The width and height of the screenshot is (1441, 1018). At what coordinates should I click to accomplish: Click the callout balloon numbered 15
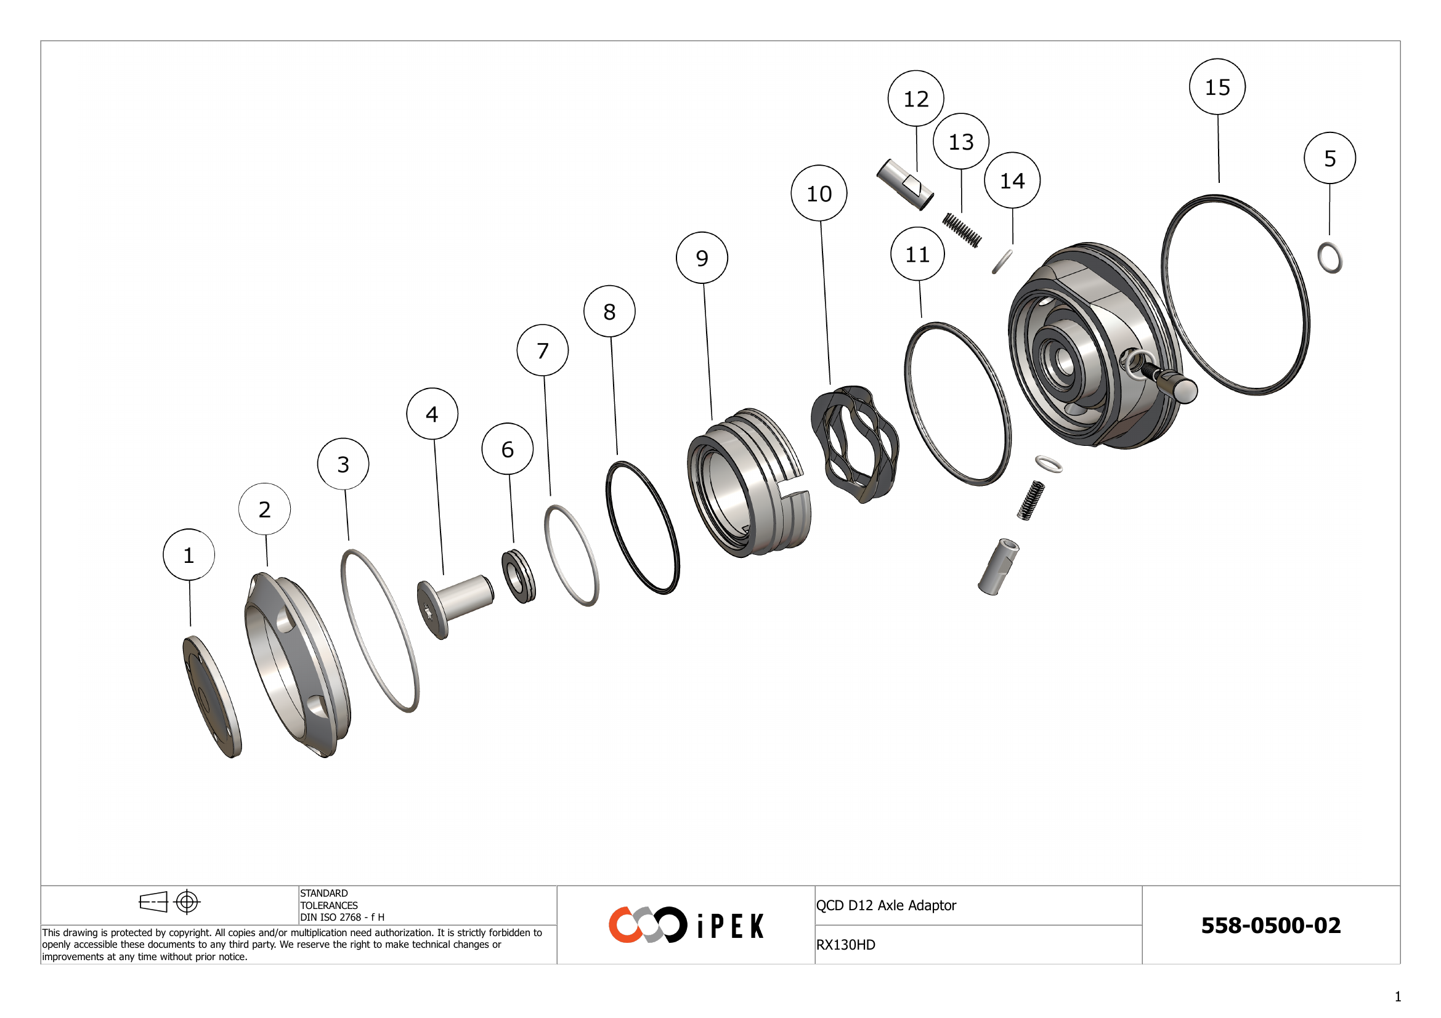click(1217, 87)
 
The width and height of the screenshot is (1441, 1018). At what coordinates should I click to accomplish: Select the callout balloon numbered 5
click(1329, 158)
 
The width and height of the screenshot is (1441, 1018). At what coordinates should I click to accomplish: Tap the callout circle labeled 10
click(818, 193)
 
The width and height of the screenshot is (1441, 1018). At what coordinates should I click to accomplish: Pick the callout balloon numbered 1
click(189, 554)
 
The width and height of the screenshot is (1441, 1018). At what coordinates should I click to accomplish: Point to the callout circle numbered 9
click(702, 258)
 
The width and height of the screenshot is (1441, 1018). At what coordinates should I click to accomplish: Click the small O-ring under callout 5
click(1330, 258)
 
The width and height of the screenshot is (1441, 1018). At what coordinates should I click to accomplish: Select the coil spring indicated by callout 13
click(962, 230)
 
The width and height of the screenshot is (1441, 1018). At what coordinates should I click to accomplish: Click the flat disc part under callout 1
click(211, 697)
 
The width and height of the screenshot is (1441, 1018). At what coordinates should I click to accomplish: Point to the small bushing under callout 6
click(518, 576)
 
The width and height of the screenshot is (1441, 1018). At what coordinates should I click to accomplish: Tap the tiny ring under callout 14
click(1002, 262)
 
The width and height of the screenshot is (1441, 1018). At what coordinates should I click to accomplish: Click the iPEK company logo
click(685, 924)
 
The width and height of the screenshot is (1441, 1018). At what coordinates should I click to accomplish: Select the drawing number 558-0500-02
click(1270, 925)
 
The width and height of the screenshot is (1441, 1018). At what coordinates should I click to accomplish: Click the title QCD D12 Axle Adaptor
click(885, 905)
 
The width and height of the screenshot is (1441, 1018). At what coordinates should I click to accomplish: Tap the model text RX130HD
click(845, 945)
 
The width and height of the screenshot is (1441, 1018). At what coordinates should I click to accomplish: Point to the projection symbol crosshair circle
click(187, 902)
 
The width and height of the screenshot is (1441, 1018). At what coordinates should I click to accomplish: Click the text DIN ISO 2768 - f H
click(342, 917)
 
